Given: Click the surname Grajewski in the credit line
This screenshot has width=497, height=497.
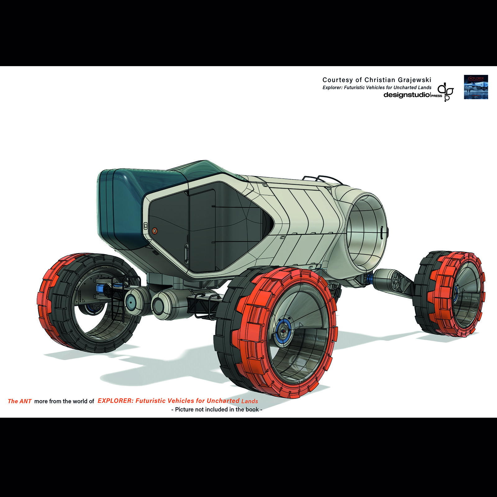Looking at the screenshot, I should pyautogui.click(x=414, y=80).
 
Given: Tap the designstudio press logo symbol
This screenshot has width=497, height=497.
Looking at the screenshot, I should pyautogui.click(x=446, y=92).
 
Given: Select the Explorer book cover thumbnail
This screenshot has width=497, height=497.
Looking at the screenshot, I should pyautogui.click(x=476, y=87).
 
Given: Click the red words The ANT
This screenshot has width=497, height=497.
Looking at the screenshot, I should pyautogui.click(x=20, y=401).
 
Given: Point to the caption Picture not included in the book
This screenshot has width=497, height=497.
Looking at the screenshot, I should pyautogui.click(x=217, y=409).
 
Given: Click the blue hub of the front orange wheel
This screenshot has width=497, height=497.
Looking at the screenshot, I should pyautogui.click(x=283, y=331).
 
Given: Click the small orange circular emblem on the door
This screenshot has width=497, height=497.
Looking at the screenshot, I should pyautogui.click(x=155, y=231).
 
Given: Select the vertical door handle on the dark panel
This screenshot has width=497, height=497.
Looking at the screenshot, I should pyautogui.click(x=186, y=253).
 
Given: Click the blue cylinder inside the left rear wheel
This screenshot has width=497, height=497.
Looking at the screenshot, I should pyautogui.click(x=100, y=288).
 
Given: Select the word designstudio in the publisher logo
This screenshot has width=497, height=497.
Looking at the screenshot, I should pyautogui.click(x=407, y=95).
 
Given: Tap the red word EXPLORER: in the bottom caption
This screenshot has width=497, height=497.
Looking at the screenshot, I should pyautogui.click(x=115, y=401).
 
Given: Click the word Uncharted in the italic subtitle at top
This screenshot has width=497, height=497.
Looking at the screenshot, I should pyautogui.click(x=405, y=88).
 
